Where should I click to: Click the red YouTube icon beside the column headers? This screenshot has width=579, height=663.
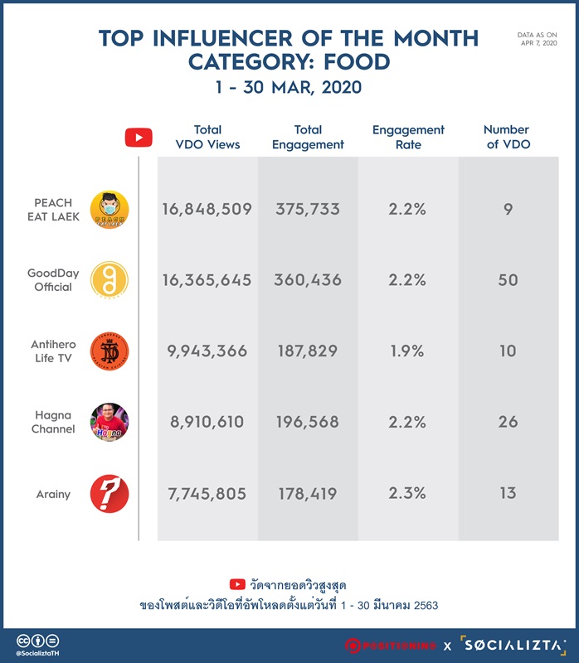pyautogui.click(x=139, y=138)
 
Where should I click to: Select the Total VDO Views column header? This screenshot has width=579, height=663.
pyautogui.click(x=207, y=137)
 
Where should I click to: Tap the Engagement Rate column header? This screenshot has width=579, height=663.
pyautogui.click(x=408, y=137)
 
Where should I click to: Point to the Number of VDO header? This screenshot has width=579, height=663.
pyautogui.click(x=508, y=137)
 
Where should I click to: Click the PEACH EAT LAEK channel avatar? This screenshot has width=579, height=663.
pyautogui.click(x=109, y=210)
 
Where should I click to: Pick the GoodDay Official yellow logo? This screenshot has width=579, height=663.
pyautogui.click(x=109, y=280)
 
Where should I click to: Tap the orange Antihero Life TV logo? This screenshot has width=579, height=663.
pyautogui.click(x=109, y=351)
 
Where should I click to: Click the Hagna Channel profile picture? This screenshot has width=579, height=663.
pyautogui.click(x=109, y=423)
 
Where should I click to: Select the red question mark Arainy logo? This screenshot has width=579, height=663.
pyautogui.click(x=109, y=493)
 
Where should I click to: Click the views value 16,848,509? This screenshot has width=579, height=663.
pyautogui.click(x=207, y=209)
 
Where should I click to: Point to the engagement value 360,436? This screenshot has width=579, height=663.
pyautogui.click(x=308, y=280)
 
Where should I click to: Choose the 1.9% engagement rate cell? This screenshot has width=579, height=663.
pyautogui.click(x=407, y=351)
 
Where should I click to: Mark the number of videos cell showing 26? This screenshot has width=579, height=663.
pyautogui.click(x=508, y=422)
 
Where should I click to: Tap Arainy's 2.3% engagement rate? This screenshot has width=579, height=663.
pyautogui.click(x=407, y=493)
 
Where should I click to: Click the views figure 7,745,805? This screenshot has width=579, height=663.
pyautogui.click(x=207, y=493)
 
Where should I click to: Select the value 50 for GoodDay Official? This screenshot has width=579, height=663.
pyautogui.click(x=508, y=280)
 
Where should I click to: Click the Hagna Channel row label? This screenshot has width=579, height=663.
pyautogui.click(x=53, y=422)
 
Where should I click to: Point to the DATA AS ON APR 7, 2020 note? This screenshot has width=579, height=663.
pyautogui.click(x=537, y=39)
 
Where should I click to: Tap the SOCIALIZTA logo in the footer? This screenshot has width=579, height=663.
pyautogui.click(x=513, y=646)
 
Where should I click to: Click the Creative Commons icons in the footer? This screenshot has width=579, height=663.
pyautogui.click(x=37, y=641)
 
